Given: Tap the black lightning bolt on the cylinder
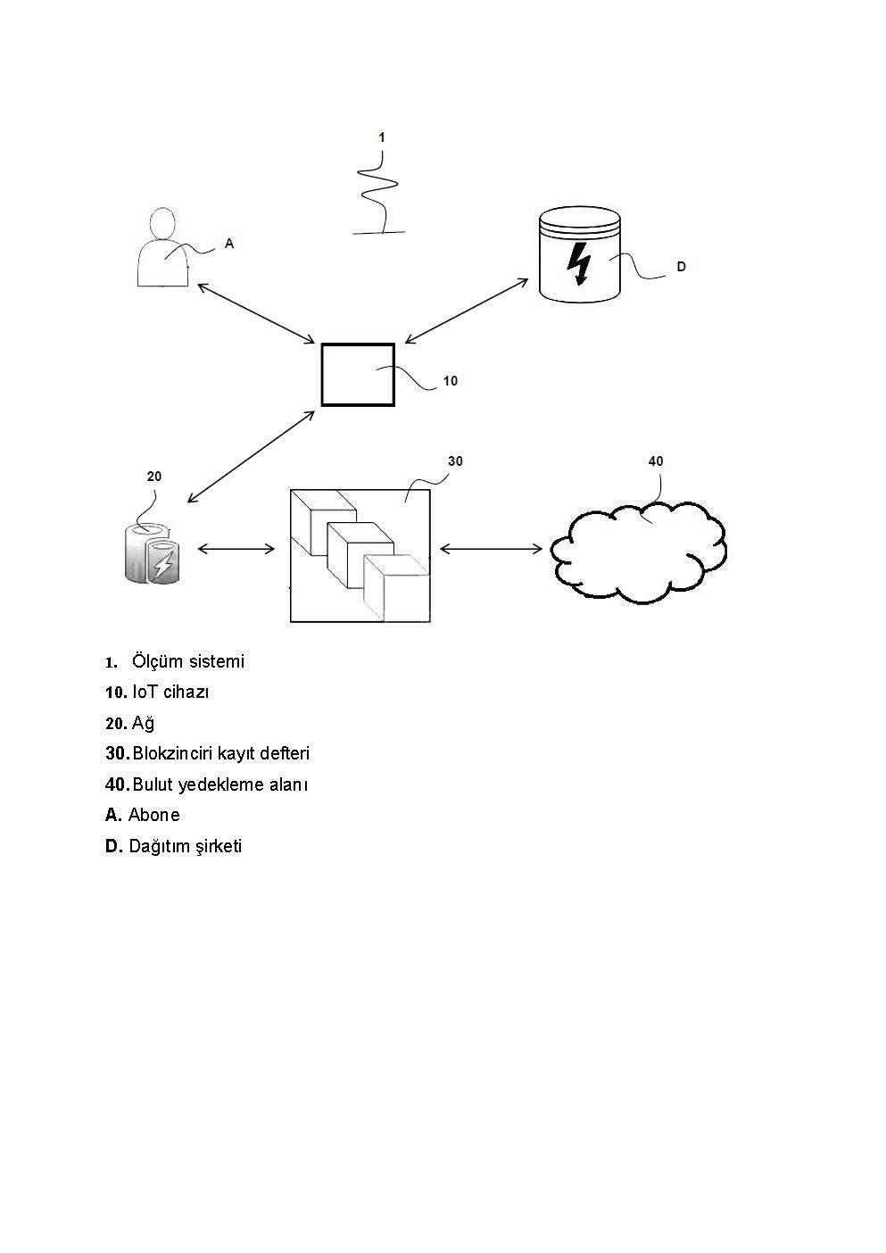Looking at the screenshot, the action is (x=579, y=264).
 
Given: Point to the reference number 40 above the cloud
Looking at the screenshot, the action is (x=656, y=461).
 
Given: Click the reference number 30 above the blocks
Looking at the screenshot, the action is (x=455, y=461).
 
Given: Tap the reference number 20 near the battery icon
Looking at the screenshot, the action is (x=153, y=477).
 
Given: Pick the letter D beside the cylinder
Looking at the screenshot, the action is (x=682, y=267).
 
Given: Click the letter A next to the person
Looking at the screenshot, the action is (x=229, y=244).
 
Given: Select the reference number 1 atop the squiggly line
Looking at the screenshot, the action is (x=382, y=137).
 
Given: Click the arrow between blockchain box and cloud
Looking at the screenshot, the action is (x=491, y=550).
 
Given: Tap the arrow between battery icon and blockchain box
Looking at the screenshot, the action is (x=236, y=550).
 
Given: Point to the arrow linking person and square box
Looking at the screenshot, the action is (x=256, y=313).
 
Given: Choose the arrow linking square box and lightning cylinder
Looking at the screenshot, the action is (x=467, y=311).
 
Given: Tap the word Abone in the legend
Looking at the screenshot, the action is (x=154, y=815).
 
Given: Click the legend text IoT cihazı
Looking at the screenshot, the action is (x=170, y=693).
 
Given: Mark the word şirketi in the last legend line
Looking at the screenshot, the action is (x=219, y=846).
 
